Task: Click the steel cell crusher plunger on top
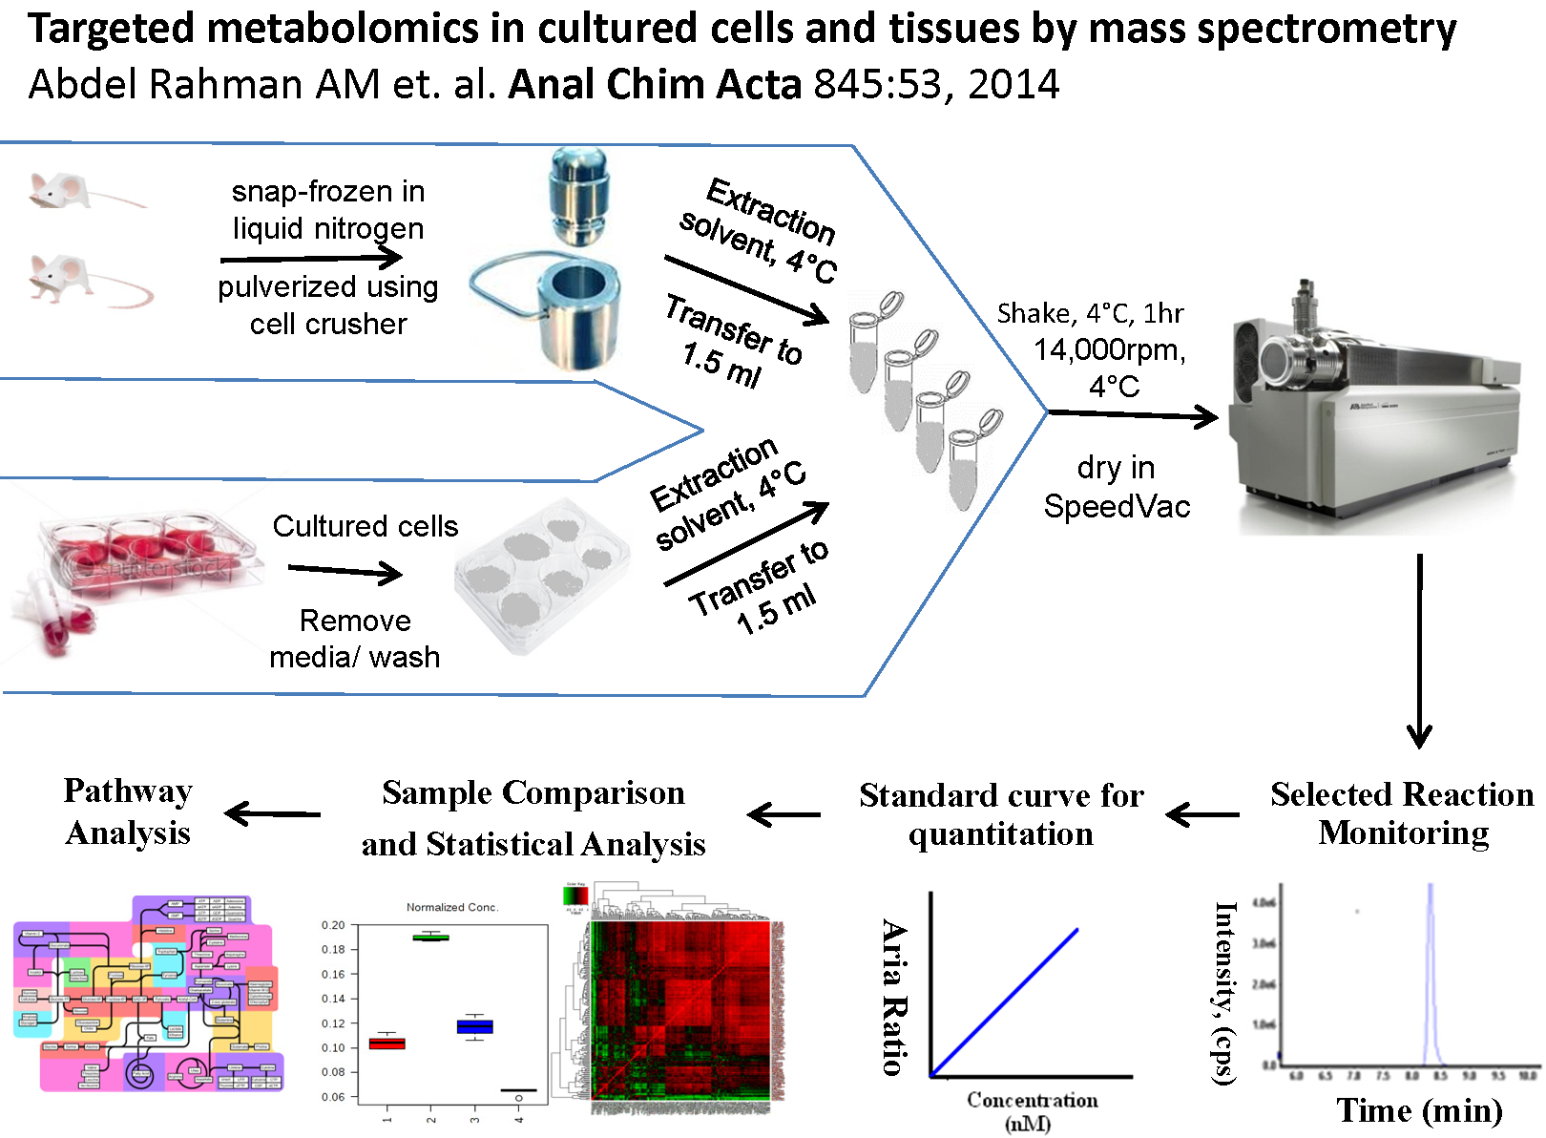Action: pos(579,196)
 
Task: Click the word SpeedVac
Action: pos(1117,506)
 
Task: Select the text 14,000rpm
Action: pos(1109,350)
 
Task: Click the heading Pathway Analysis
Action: pos(128,811)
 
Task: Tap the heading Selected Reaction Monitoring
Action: pos(1402,813)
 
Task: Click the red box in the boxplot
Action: pos(386,1043)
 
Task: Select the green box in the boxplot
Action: pos(431,938)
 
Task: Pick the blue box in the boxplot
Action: pos(475,1027)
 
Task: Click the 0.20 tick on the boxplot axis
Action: pos(333,925)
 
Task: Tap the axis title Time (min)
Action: pos(1419,1111)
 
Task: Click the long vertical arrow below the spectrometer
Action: pos(1420,649)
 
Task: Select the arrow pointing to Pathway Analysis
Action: pos(272,813)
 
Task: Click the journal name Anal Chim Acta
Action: pos(655,85)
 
